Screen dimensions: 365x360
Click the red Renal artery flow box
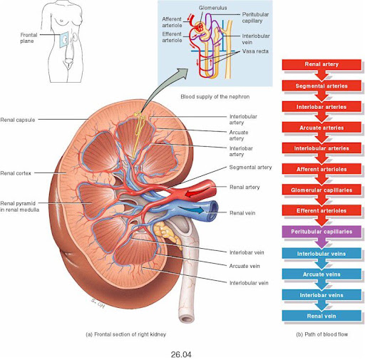(x=322, y=64)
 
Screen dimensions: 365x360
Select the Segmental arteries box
(x=322, y=86)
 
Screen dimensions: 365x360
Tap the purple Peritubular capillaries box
(x=322, y=232)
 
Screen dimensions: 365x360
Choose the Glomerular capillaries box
(x=322, y=190)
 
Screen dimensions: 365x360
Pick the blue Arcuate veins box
(x=322, y=274)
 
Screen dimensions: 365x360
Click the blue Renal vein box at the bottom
(x=322, y=316)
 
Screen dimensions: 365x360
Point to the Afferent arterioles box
(x=322, y=169)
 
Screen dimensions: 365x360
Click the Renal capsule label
(x=18, y=120)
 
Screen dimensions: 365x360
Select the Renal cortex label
(x=16, y=173)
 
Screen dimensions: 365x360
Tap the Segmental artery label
(x=250, y=168)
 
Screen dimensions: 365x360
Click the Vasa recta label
(x=255, y=51)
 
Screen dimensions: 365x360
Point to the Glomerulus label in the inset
(x=213, y=8)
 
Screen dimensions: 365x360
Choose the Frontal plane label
(x=29, y=38)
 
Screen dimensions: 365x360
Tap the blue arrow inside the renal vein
(x=191, y=210)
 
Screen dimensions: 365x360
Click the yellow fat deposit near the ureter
(x=165, y=234)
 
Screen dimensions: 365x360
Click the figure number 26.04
(x=181, y=355)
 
